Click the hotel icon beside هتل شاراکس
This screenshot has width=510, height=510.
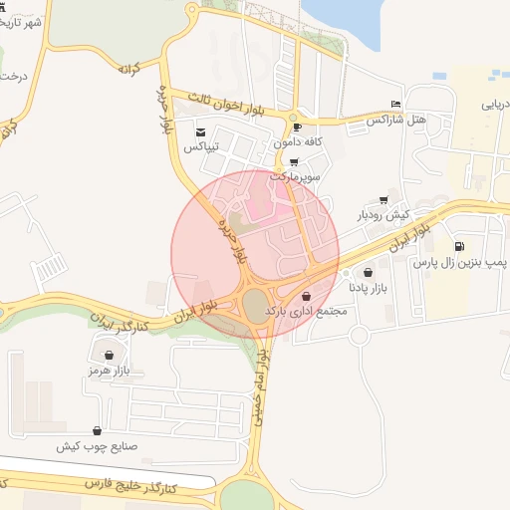396,105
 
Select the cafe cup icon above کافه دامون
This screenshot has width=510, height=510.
296,127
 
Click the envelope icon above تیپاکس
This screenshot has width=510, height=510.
200,132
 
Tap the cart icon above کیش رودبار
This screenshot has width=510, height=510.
383,200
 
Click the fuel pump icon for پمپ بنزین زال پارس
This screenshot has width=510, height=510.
458,247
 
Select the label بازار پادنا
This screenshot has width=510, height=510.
368,288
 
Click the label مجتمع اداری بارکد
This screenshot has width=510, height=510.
305,312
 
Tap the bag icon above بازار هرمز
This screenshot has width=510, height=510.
109,355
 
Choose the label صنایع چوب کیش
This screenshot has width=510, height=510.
96,446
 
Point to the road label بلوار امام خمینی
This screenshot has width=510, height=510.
260,389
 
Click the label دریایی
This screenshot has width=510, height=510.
495,103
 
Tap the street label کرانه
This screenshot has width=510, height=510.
127,69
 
